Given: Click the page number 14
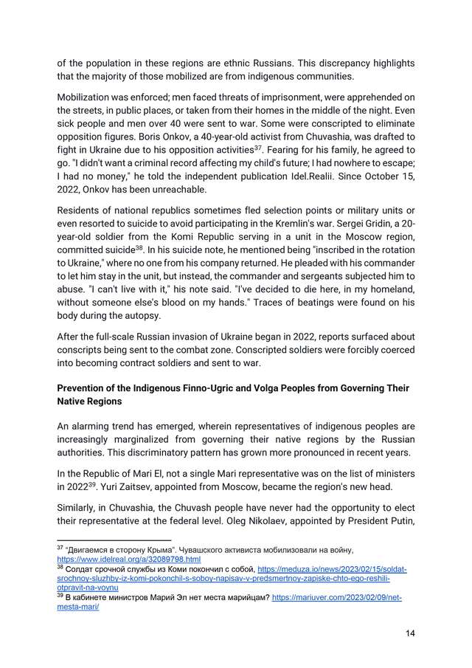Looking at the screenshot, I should [x=409, y=634].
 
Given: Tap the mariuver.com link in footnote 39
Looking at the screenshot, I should [x=336, y=598].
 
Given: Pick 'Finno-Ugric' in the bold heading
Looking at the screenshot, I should [x=237, y=388].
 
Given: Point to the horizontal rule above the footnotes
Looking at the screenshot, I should [x=114, y=541].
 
